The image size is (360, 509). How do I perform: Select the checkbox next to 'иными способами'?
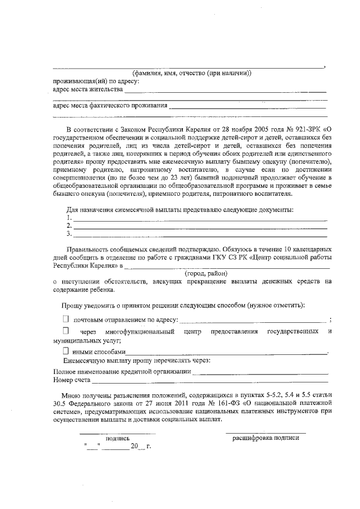[65, 351]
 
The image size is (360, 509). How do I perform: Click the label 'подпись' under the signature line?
[117, 438]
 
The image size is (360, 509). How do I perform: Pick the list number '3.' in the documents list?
[69, 233]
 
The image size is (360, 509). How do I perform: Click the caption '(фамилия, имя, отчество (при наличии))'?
[191, 73]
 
